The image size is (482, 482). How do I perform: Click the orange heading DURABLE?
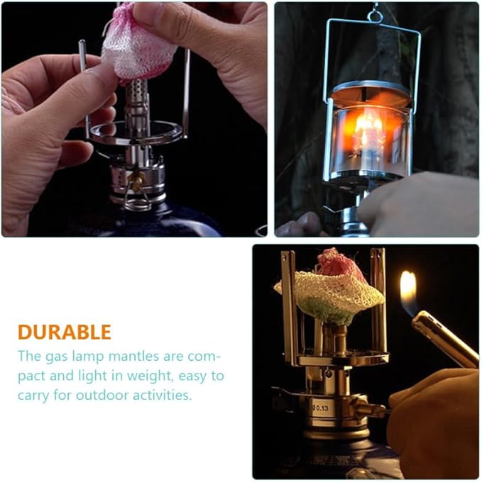tap(65, 332)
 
